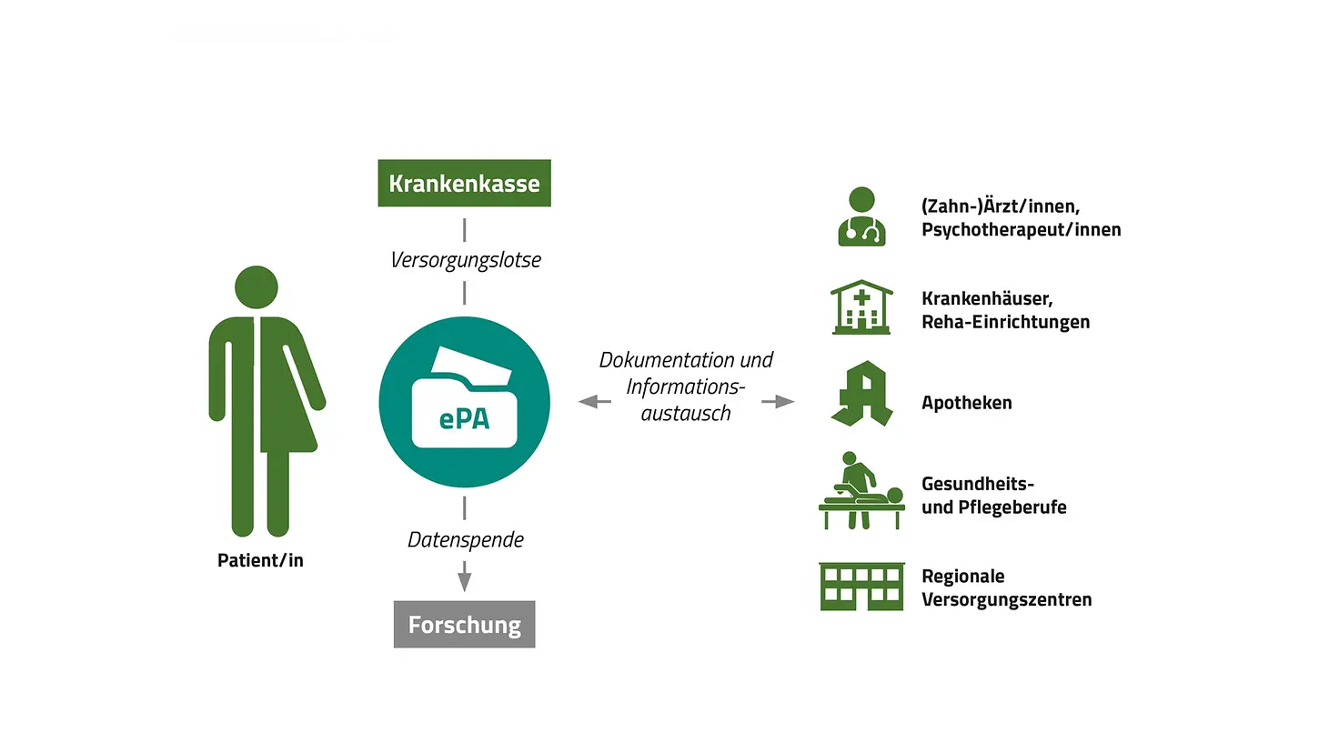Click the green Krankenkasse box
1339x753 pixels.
click(x=464, y=183)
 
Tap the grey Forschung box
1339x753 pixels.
click(x=464, y=625)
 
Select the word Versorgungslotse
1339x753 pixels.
click(x=465, y=260)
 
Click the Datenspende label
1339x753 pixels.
click(x=465, y=540)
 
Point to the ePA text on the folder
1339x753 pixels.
click(x=464, y=418)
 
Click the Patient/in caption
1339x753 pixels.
click(x=260, y=560)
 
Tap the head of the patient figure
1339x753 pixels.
click(x=257, y=286)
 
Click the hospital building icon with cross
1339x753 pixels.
click(x=861, y=307)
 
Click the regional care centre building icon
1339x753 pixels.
click(x=861, y=587)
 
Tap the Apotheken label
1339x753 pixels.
click(x=966, y=403)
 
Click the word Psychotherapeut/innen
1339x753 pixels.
click(x=1021, y=230)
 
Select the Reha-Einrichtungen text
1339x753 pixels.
click(x=1005, y=322)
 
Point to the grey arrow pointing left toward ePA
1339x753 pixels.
click(x=595, y=401)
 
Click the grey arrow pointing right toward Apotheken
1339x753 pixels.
click(x=778, y=401)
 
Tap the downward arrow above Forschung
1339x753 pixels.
click(x=465, y=577)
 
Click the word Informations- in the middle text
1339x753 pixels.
click(x=685, y=387)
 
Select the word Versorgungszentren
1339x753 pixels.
click(x=1006, y=599)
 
